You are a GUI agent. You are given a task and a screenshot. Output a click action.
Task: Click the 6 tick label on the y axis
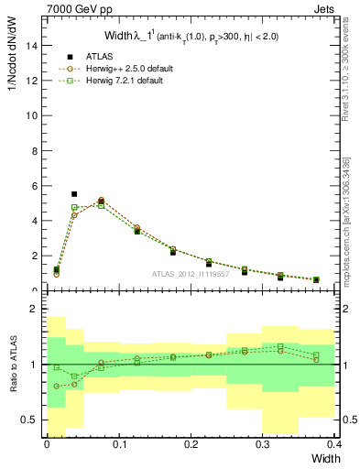[x=37, y=186]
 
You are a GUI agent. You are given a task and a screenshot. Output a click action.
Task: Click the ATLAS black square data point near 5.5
[x=74, y=194]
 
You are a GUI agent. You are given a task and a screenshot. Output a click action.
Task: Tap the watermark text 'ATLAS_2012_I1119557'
[x=191, y=273]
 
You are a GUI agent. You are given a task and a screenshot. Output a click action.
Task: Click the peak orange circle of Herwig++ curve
[x=101, y=200]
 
